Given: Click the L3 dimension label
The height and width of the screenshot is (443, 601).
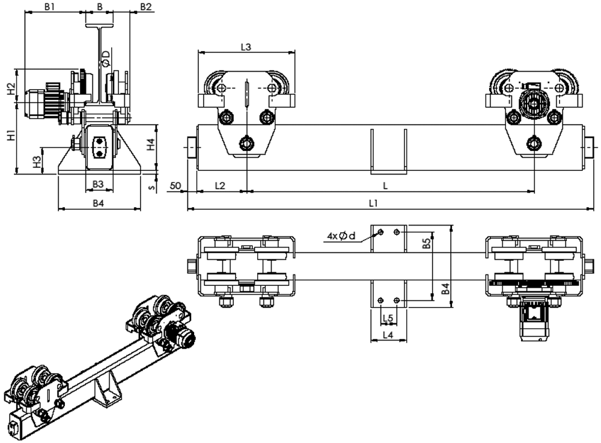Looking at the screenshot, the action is pyautogui.click(x=246, y=47).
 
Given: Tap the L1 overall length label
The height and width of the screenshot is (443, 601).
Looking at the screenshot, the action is pyautogui.click(x=373, y=203).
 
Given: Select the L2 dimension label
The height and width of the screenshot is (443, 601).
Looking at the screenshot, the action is pyautogui.click(x=220, y=186).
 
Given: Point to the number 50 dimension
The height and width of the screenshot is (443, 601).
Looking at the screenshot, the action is pyautogui.click(x=175, y=186).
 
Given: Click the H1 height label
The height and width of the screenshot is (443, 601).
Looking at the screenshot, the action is pyautogui.click(x=11, y=135).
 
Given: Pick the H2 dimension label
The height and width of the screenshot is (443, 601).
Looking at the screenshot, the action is pyautogui.click(x=11, y=89).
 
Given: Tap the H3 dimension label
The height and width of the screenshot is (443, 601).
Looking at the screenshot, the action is pyautogui.click(x=37, y=162).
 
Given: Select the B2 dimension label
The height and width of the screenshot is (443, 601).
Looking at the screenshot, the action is pyautogui.click(x=145, y=7).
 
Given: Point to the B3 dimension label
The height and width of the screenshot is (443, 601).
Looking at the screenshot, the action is pyautogui.click(x=99, y=184).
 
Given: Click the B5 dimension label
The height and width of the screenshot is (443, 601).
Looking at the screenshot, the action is pyautogui.click(x=427, y=243).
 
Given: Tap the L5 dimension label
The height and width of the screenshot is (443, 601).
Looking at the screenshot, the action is pyautogui.click(x=388, y=318).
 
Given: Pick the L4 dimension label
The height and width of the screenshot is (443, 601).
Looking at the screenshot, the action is pyautogui.click(x=388, y=335).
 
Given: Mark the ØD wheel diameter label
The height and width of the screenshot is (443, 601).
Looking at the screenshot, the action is pyautogui.click(x=106, y=58).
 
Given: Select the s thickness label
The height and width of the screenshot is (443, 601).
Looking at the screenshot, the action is pyautogui.click(x=152, y=187).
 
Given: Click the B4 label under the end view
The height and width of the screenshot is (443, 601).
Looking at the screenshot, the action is pyautogui.click(x=99, y=203).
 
